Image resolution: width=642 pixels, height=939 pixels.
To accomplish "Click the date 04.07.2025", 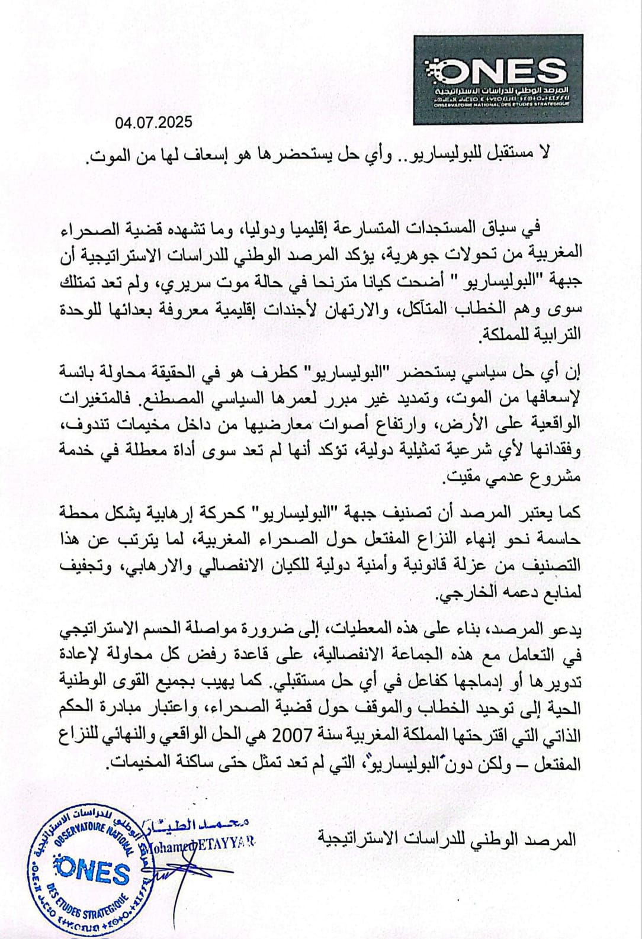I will point(154,123).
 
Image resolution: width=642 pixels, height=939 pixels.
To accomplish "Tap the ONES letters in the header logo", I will point(496,71).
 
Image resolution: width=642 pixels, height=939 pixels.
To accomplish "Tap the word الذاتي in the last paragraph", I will point(562,738).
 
